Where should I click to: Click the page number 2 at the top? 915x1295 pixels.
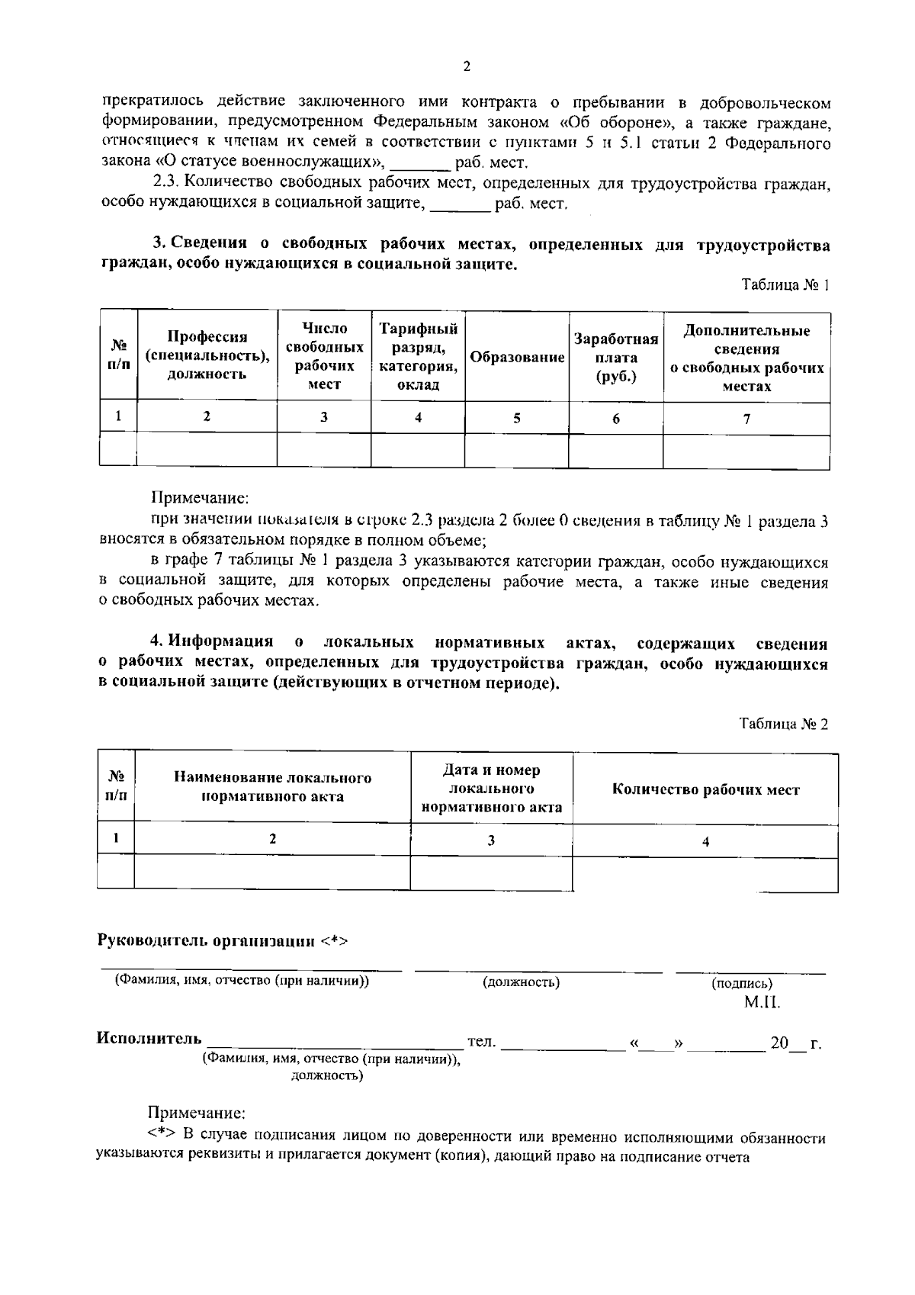(467, 66)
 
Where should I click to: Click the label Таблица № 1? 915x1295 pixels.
(785, 284)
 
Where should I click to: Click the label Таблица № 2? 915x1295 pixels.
(783, 724)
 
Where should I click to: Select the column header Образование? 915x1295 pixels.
(517, 358)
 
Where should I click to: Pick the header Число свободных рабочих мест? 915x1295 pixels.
(324, 356)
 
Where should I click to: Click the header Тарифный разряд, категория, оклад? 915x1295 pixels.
(418, 356)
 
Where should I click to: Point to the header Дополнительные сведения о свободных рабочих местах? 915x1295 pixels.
(746, 358)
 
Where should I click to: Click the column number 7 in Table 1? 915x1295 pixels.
(746, 419)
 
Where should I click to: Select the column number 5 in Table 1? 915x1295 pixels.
(517, 418)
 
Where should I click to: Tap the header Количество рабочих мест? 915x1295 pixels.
(705, 789)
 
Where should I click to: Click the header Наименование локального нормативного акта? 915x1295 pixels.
(272, 787)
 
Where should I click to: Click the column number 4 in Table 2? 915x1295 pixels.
(705, 841)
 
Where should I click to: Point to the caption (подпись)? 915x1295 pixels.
(741, 983)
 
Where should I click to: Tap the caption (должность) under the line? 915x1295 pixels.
(522, 982)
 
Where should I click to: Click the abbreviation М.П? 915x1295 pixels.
(762, 1002)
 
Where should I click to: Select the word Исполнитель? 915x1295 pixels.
(149, 1038)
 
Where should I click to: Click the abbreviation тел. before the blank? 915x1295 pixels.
(481, 1041)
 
